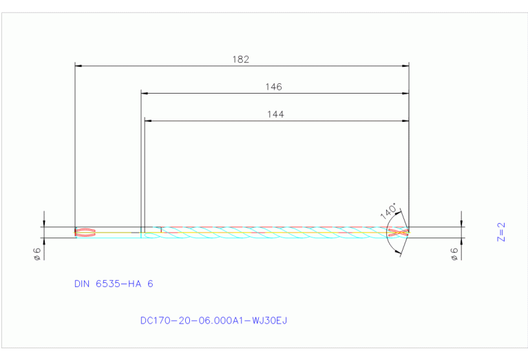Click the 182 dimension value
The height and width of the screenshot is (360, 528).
tap(240, 59)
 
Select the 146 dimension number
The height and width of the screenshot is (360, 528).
tap(274, 87)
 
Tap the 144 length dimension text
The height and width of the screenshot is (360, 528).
tap(275, 114)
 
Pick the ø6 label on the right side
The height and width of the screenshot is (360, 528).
tap(454, 253)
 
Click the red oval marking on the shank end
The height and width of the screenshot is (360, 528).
tap(83, 233)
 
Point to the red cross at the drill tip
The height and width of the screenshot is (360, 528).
tap(399, 233)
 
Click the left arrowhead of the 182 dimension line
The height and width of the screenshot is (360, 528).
tap(78, 66)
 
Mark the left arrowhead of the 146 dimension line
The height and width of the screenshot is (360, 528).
tap(145, 93)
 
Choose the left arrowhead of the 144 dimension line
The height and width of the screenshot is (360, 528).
tap(148, 120)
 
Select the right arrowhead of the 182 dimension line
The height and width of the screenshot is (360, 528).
tap(405, 66)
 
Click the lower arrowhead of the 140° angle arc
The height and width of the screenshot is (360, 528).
tap(399, 253)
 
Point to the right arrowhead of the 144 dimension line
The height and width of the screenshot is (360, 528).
tap(405, 120)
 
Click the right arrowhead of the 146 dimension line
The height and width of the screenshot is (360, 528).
tap(405, 93)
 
